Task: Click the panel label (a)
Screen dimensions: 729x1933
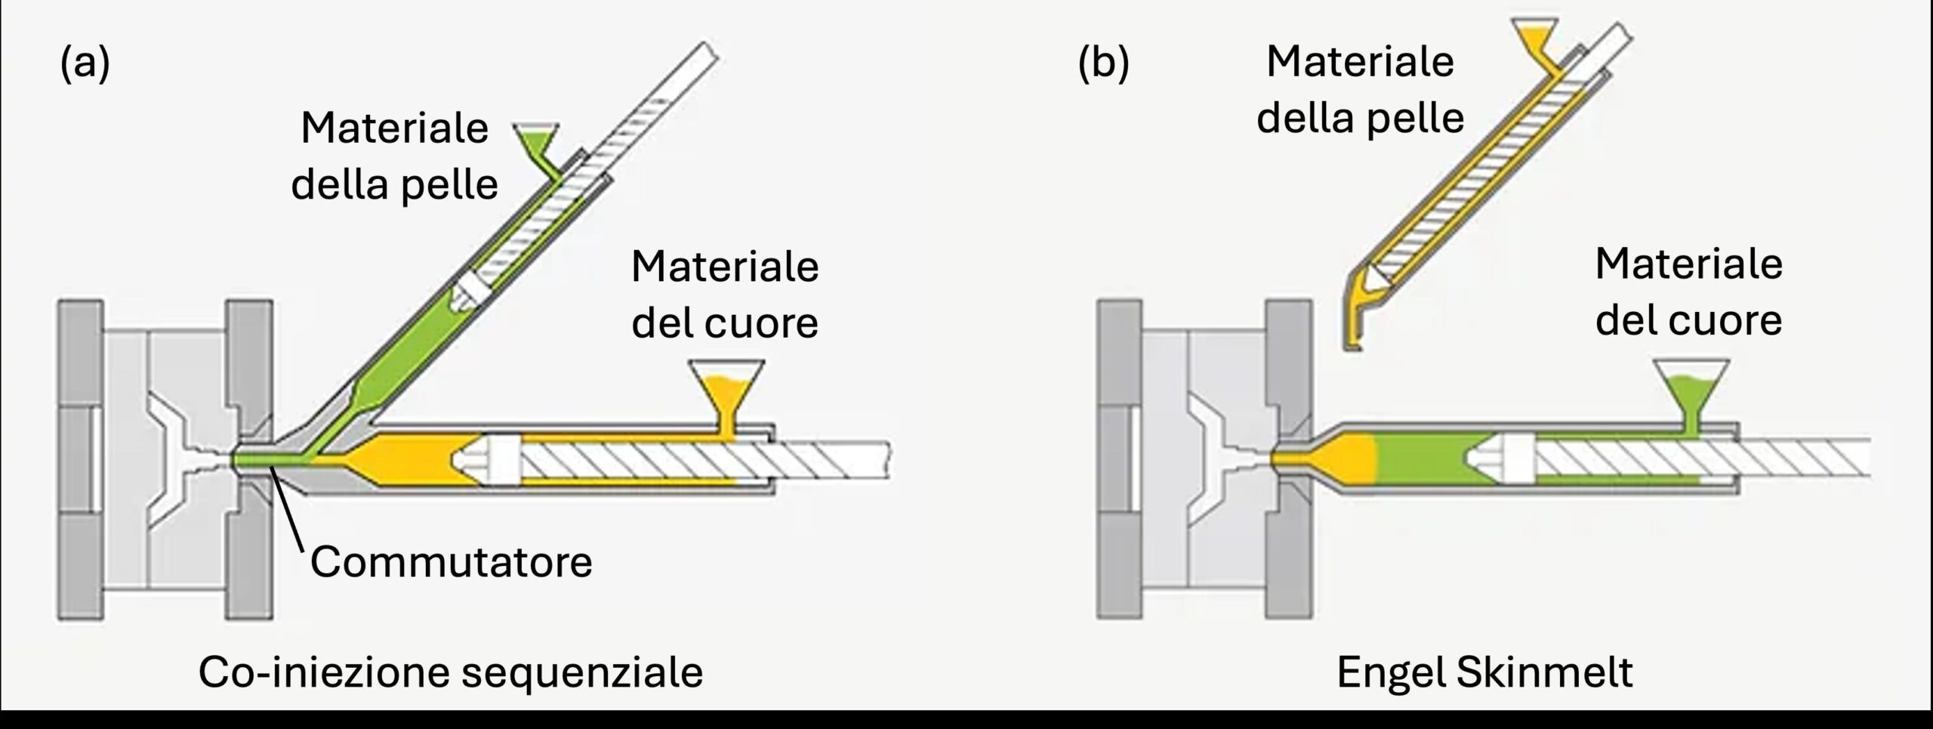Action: point(85,63)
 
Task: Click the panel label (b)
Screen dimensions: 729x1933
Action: point(1103,63)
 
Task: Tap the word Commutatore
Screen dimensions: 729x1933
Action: point(451,562)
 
